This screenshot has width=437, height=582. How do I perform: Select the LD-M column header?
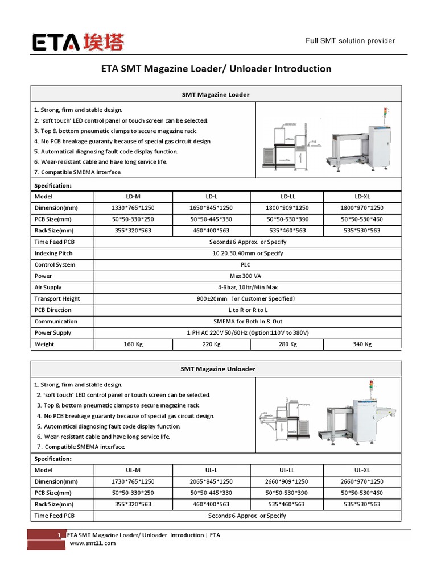(x=133, y=196)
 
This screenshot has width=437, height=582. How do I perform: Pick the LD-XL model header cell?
(x=362, y=196)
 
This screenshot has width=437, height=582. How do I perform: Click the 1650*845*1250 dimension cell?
(x=211, y=208)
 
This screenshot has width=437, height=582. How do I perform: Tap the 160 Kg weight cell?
(x=133, y=344)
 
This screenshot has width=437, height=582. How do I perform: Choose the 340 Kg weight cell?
(x=362, y=344)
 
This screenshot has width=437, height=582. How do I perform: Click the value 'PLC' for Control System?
(x=247, y=265)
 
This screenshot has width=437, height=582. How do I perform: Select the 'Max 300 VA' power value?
(x=247, y=276)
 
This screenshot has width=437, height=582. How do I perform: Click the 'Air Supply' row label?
(x=48, y=288)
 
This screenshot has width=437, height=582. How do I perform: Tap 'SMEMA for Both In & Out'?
(x=247, y=322)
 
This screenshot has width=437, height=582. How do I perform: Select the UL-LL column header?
(x=286, y=470)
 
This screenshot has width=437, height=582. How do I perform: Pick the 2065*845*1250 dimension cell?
(x=211, y=481)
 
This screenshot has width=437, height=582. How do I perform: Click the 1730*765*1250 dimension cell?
(x=133, y=481)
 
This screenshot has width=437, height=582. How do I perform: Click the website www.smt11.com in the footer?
(x=93, y=543)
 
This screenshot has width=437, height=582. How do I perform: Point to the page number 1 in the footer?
(x=60, y=535)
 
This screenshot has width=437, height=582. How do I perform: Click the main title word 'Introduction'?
(x=303, y=69)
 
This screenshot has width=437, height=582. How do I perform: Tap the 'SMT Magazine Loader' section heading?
(x=215, y=94)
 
